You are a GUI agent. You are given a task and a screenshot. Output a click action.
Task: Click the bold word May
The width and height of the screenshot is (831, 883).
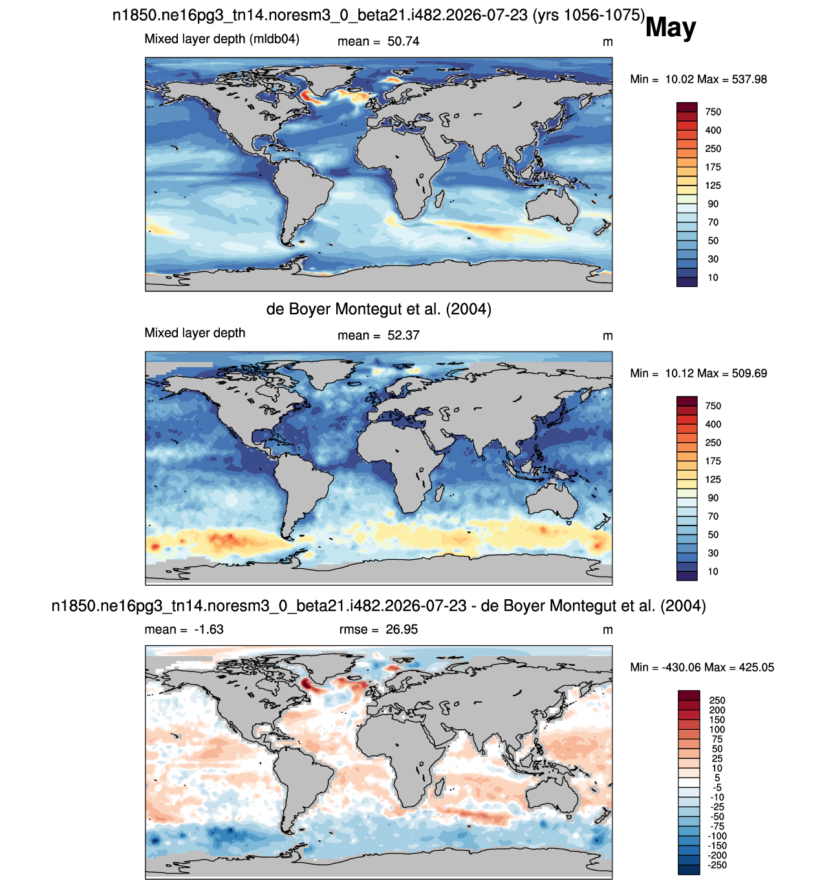(x=670, y=28)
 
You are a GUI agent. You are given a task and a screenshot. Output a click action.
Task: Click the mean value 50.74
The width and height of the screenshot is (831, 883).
(x=403, y=41)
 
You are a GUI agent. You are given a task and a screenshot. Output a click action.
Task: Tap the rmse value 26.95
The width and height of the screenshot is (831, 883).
(x=401, y=630)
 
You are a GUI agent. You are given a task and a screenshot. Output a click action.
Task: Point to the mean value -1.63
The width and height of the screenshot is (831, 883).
(x=209, y=630)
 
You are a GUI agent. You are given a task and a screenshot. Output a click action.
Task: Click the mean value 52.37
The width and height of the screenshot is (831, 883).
(x=403, y=335)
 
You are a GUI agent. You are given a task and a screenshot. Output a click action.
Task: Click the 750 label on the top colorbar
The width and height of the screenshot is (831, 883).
(x=713, y=112)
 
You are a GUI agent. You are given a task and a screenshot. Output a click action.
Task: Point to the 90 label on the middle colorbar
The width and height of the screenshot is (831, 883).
(x=713, y=498)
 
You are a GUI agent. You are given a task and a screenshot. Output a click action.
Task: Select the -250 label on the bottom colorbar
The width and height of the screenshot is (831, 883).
(x=717, y=865)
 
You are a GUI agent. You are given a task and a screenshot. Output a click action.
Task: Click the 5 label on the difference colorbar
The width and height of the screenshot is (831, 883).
(x=717, y=778)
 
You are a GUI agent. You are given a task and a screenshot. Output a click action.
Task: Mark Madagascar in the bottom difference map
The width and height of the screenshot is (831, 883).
(x=439, y=789)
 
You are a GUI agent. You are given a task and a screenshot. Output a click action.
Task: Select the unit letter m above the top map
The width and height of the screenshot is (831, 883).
(x=607, y=42)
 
